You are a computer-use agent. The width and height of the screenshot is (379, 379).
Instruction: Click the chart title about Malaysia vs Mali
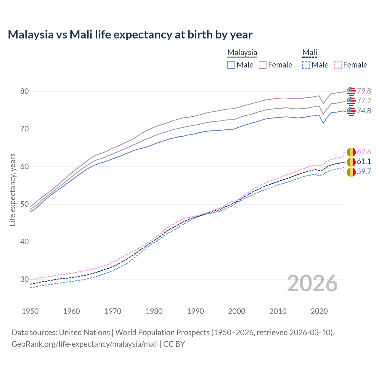point(130,35)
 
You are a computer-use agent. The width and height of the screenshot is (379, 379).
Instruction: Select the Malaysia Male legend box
point(231,65)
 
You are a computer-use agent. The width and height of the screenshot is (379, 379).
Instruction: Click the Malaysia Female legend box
point(263,65)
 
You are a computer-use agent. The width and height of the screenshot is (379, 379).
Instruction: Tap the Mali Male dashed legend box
point(306,65)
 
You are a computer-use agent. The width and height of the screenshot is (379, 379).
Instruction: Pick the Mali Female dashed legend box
point(338,65)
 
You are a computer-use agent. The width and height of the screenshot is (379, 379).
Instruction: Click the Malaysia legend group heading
point(242,52)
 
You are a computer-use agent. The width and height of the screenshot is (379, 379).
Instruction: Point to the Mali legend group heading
point(309,52)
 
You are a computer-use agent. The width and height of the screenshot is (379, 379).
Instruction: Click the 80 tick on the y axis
point(25,91)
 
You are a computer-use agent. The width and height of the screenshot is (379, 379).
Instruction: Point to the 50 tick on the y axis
point(25,204)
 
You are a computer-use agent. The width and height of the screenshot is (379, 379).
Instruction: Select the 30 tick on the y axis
point(25,279)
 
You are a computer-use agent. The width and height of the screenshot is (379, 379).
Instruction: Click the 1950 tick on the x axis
point(30,311)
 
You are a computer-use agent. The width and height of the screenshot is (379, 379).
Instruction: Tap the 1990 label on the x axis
point(195,311)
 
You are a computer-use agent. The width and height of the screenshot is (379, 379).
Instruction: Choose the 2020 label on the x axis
point(319,311)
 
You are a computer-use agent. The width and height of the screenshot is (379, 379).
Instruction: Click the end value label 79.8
point(364,91)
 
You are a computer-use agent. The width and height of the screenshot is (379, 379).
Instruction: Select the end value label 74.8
point(364,111)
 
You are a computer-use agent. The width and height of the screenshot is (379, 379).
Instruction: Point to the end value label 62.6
point(364,152)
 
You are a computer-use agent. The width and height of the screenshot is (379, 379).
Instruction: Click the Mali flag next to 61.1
point(351,162)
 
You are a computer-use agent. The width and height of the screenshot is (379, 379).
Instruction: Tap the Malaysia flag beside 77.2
point(351,101)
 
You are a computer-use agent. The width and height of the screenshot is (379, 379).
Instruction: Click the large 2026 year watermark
point(312,283)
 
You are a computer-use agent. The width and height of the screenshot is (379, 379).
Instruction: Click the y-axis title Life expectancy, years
point(12,189)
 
